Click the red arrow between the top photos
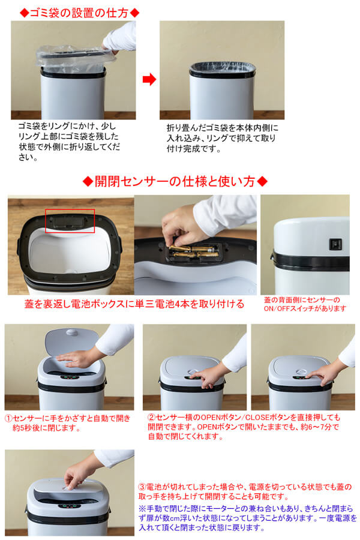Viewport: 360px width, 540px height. pyautogui.click(x=149, y=80)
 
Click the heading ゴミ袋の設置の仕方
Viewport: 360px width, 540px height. pyautogui.click(x=79, y=13)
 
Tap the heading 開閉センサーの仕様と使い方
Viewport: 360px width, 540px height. pyautogui.click(x=175, y=181)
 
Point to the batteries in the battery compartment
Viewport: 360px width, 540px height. pyautogui.click(x=193, y=251)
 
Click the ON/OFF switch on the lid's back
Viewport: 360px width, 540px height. pyautogui.click(x=335, y=244)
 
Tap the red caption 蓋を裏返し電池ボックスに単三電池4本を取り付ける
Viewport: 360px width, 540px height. pyautogui.click(x=134, y=304)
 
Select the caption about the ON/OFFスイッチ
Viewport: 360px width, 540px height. pyautogui.click(x=305, y=304)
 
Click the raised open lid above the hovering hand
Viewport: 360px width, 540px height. pyautogui.click(x=72, y=341)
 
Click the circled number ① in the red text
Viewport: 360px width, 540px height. pyautogui.click(x=8, y=419)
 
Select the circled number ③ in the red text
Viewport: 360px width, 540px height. pyautogui.click(x=142, y=487)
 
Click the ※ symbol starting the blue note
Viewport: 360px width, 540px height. pyautogui.click(x=142, y=509)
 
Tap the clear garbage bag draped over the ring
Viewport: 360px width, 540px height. pyautogui.click(x=75, y=58)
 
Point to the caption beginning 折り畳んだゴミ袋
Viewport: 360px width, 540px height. pyautogui.click(x=223, y=139)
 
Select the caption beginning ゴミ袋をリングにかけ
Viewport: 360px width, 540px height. pyautogui.click(x=69, y=142)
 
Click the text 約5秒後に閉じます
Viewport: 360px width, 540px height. pyautogui.click(x=47, y=429)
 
